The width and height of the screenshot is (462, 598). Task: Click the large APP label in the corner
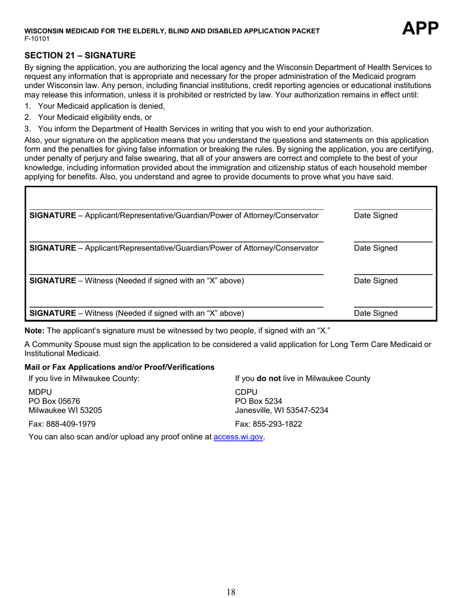click(x=420, y=29)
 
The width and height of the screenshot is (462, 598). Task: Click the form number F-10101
click(x=37, y=38)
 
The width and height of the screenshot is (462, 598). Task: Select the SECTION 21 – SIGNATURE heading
click(x=80, y=55)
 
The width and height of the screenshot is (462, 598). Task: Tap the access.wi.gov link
click(x=238, y=437)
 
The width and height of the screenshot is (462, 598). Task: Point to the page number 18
click(x=231, y=592)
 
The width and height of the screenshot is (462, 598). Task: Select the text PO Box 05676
click(x=54, y=401)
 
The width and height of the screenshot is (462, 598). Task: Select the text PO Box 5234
click(x=258, y=401)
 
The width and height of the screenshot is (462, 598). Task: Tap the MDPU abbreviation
click(x=40, y=392)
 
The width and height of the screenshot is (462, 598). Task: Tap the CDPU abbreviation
click(x=246, y=392)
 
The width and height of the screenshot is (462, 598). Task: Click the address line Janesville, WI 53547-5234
click(x=282, y=410)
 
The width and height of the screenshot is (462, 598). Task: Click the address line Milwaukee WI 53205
click(x=66, y=410)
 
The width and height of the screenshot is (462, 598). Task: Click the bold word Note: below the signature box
click(x=35, y=331)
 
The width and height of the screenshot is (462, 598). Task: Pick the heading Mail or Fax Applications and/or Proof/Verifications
click(x=120, y=367)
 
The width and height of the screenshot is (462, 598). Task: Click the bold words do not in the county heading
click(x=268, y=378)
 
